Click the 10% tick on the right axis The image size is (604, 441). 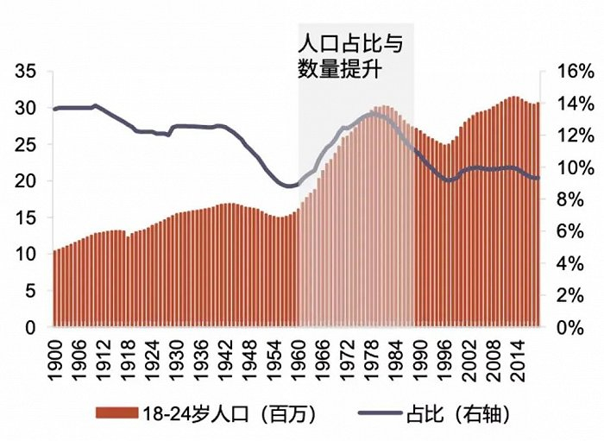click(569, 168)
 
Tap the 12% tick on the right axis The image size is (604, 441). click(569, 136)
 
